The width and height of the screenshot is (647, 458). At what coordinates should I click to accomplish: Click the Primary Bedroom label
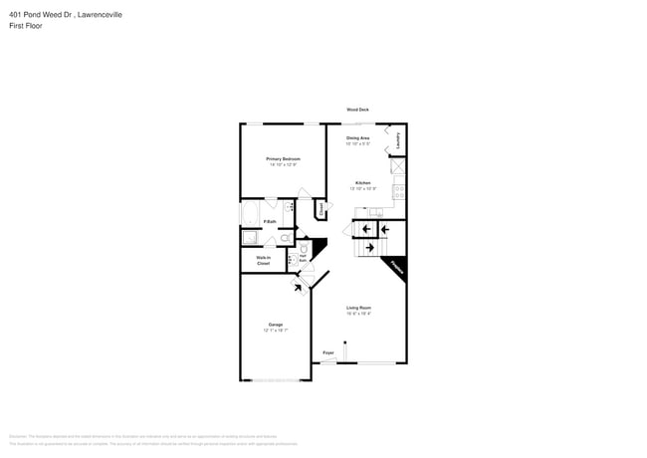[x=283, y=159]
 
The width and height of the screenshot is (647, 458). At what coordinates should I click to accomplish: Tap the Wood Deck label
[x=357, y=110]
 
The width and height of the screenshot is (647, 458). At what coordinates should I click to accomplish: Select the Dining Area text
[x=358, y=137]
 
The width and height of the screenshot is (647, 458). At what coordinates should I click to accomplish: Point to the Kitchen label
[x=363, y=184]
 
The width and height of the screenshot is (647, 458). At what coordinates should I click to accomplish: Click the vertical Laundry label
[x=398, y=140]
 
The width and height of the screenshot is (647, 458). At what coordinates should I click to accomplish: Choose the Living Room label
[x=358, y=309]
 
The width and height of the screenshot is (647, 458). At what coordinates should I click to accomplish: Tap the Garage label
[x=275, y=325]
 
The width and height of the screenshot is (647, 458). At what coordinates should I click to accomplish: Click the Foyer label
[x=327, y=352]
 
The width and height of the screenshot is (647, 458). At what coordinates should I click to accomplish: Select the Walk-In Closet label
[x=263, y=260]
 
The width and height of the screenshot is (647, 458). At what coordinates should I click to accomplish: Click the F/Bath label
[x=269, y=221]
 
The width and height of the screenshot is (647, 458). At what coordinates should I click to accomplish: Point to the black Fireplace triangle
[x=394, y=268]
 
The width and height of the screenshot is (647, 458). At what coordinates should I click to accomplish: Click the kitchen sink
[x=374, y=212]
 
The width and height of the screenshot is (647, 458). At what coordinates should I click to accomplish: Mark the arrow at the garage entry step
[x=299, y=288]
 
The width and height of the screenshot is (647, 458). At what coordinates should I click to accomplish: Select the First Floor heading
[x=22, y=25]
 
